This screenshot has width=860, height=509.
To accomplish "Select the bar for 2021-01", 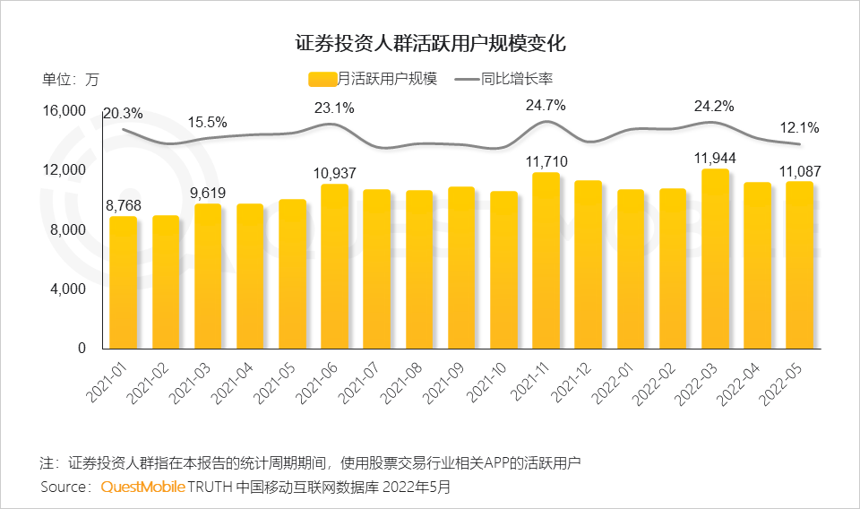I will pos(124,282).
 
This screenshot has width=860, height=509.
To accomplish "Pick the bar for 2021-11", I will pos(546,260).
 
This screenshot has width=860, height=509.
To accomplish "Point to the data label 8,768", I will pos(123,205).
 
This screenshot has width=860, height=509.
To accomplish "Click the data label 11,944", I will pos(715,159).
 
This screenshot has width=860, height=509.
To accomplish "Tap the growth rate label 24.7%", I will pos(546,106).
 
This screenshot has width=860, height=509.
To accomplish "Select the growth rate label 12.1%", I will pos(799,128).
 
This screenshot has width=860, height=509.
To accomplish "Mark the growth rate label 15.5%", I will pos(207,122).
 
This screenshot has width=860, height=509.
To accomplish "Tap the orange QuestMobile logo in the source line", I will pos(143,487).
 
